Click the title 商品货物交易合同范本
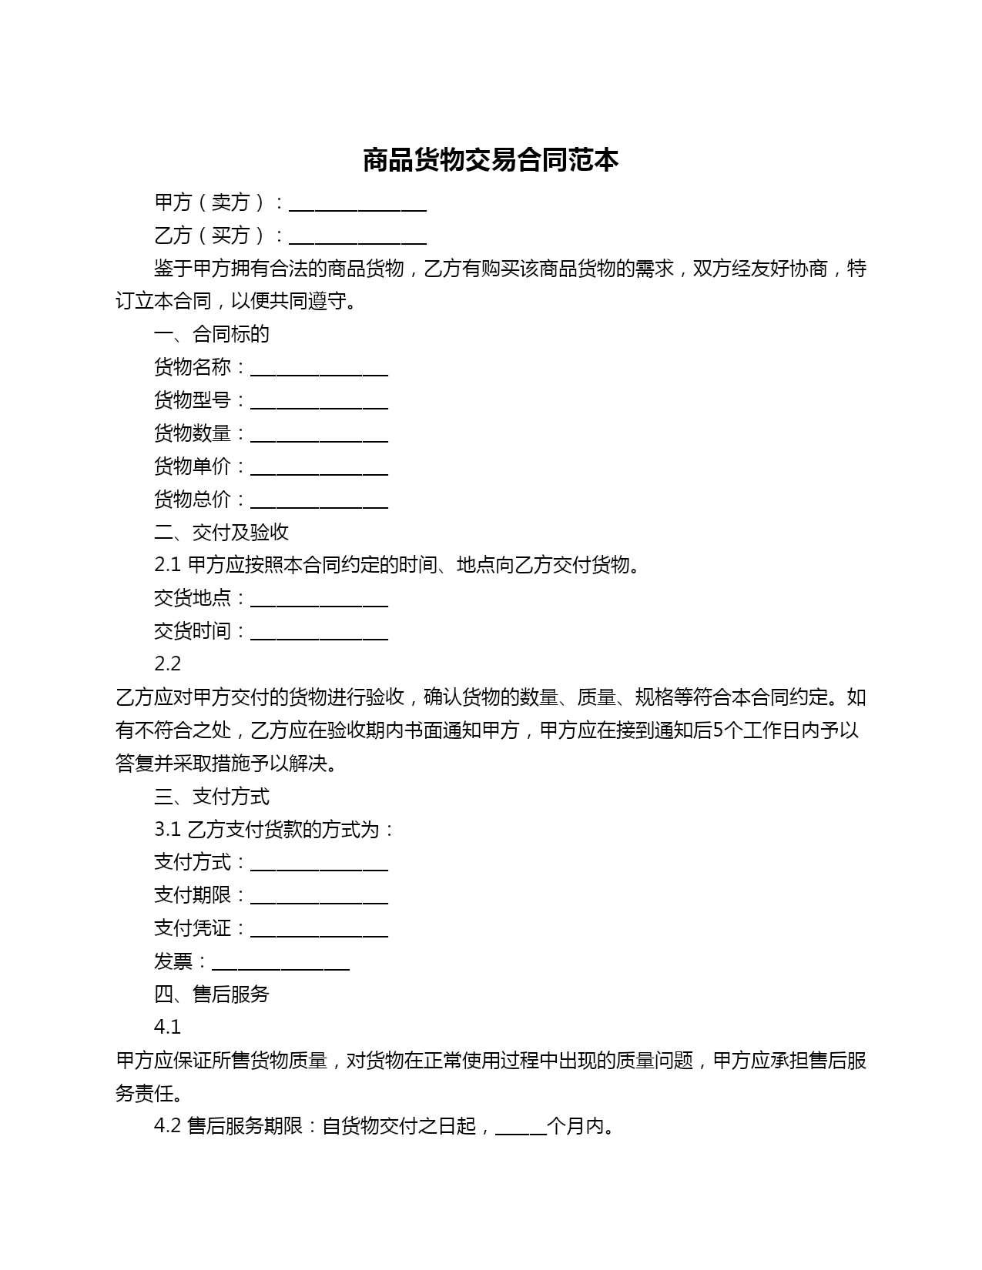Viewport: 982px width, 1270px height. coord(491,160)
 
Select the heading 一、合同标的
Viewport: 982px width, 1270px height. coord(212,334)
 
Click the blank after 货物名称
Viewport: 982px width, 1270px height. coord(319,369)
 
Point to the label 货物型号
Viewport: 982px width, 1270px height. coord(193,400)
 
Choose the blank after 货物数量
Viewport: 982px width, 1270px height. coord(319,436)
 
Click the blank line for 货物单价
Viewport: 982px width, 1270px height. coord(319,469)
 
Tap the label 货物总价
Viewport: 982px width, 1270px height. coord(193,500)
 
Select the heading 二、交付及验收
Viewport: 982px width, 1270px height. coord(222,532)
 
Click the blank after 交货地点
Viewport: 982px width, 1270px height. coord(319,600)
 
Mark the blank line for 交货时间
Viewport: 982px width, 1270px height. coord(319,633)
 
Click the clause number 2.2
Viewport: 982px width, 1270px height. coord(168,663)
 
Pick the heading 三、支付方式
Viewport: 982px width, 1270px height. coord(212,796)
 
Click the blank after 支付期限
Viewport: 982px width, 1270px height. coord(319,897)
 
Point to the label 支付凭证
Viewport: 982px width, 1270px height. coord(193,928)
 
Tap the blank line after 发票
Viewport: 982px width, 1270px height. coord(280,964)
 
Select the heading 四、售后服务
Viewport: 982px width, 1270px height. coord(212,994)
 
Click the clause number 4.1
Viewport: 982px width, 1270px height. coord(168,1027)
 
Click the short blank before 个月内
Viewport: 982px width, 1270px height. coord(521,1128)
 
